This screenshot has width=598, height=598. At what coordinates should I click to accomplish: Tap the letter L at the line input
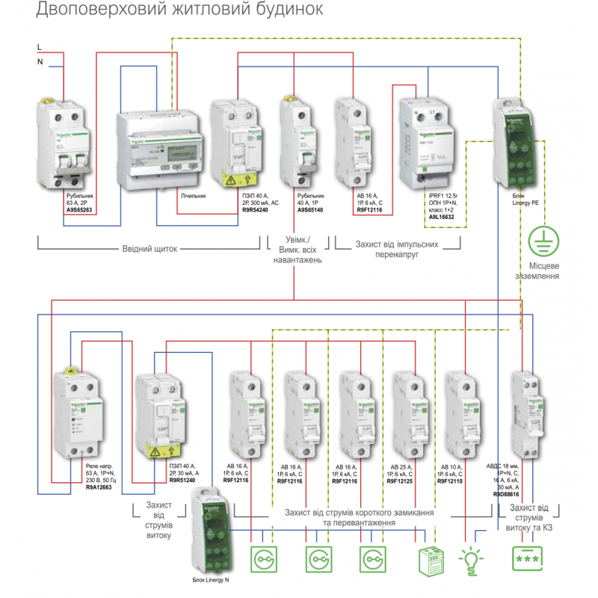40,47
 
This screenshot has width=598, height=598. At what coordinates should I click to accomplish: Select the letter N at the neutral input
40,62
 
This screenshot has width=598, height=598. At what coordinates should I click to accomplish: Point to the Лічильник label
196,196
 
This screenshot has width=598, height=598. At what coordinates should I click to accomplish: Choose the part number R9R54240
255,210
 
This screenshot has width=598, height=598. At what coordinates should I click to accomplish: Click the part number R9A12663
100,487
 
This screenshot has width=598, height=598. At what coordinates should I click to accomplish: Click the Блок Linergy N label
211,580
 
